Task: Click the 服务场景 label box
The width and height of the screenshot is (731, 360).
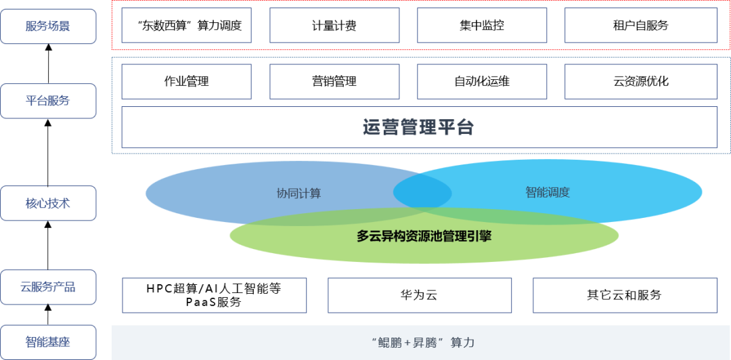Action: pyautogui.click(x=48, y=26)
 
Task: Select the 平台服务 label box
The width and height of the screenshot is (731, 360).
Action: pyautogui.click(x=48, y=101)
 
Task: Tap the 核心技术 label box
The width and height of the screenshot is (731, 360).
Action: pyautogui.click(x=48, y=203)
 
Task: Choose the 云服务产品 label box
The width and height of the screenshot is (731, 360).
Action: pyautogui.click(x=48, y=287)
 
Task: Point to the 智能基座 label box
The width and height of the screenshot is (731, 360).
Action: pyautogui.click(x=48, y=342)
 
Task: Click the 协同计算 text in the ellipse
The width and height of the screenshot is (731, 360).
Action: pyautogui.click(x=298, y=193)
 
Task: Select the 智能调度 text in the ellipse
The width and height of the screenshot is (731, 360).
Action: pyautogui.click(x=548, y=192)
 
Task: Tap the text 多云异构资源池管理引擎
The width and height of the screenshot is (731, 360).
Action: pyautogui.click(x=424, y=236)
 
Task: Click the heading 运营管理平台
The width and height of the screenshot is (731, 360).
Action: pyautogui.click(x=419, y=127)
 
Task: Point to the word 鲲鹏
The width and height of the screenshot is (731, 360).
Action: pyautogui.click(x=389, y=342)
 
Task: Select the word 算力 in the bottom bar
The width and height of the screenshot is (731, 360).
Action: pyautogui.click(x=462, y=342)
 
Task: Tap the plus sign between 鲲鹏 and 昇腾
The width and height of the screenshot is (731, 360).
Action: pyautogui.click(x=407, y=342)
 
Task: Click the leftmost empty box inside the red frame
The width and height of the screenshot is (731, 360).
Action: pyautogui.click(x=186, y=26)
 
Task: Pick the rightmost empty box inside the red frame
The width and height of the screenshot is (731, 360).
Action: pyautogui.click(x=641, y=26)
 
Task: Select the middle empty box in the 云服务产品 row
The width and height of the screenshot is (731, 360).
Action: pyautogui.click(x=420, y=295)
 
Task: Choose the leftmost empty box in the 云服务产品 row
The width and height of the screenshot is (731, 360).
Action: pyautogui.click(x=215, y=295)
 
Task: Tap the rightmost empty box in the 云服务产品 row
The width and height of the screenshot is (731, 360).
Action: pyautogui.click(x=625, y=295)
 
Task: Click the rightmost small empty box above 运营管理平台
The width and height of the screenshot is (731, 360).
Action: pyautogui.click(x=641, y=82)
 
